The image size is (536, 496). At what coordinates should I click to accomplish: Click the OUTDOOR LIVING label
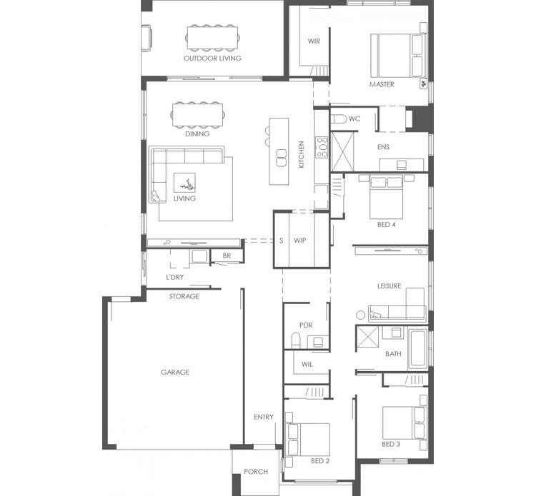point(212,59)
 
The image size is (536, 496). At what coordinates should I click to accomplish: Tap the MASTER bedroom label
point(382,84)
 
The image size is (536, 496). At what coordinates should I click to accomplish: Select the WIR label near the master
point(314,41)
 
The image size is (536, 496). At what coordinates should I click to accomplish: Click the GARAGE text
point(174,372)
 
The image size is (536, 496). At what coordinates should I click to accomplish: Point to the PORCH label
point(255,472)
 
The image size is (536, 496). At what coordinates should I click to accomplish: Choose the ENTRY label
point(263,417)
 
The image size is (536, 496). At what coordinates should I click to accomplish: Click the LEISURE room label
point(389,286)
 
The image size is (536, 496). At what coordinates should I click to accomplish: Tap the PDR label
point(306,325)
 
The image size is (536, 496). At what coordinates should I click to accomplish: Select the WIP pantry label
point(300,241)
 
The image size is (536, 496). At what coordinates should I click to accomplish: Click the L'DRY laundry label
point(174,276)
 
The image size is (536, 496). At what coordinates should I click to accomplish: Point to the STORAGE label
point(184,296)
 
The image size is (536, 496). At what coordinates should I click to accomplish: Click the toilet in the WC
point(338,118)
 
